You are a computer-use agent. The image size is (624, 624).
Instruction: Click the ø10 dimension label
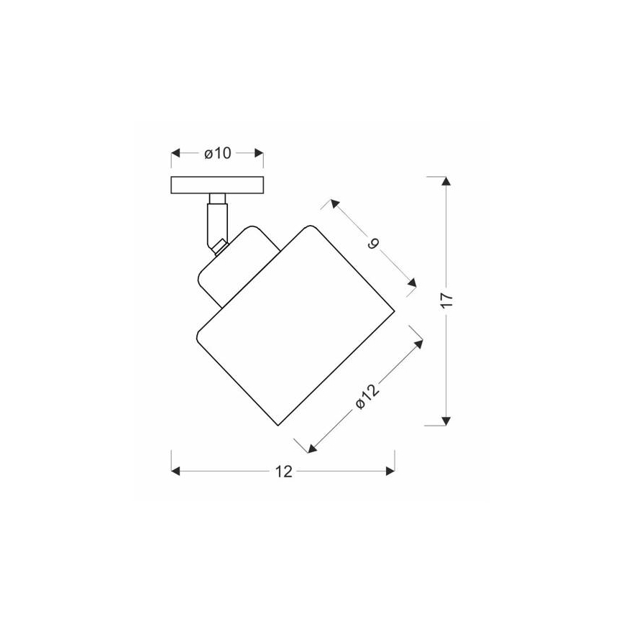click(216, 154)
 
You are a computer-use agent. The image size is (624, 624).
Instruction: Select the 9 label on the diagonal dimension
click(373, 244)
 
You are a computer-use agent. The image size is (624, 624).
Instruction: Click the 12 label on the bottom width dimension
click(283, 472)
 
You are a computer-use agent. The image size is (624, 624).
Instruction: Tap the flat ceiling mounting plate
click(217, 185)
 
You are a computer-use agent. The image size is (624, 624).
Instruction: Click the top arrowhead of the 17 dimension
click(446, 180)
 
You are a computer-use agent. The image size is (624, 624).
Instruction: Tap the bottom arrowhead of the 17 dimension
click(446, 421)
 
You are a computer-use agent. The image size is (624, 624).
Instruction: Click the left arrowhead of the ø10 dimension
click(175, 154)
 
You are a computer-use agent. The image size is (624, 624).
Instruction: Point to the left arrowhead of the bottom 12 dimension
click(175, 472)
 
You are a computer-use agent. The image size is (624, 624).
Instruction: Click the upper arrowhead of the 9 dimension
click(334, 205)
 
